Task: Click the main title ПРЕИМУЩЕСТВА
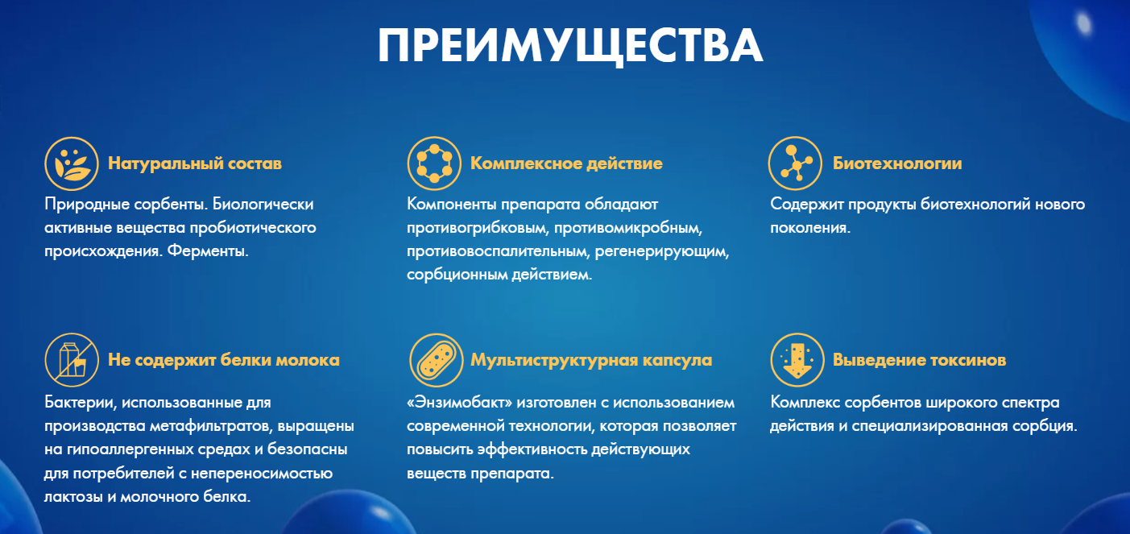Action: point(570,45)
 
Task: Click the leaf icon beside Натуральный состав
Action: point(71,164)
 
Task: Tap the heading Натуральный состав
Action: point(195,164)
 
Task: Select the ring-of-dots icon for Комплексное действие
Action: point(434,164)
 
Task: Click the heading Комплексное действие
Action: point(566,164)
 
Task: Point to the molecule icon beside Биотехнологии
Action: point(795,164)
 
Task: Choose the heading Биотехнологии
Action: point(897,164)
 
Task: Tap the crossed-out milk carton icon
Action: point(71,360)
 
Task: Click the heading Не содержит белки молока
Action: point(223,360)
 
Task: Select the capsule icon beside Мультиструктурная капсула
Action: point(437,360)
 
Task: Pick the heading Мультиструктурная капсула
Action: point(591,360)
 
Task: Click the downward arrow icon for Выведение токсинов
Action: point(797,360)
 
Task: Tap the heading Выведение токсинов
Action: point(919,360)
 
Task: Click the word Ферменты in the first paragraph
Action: point(207,250)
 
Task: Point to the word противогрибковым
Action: point(478,228)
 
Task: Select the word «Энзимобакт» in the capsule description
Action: point(460,403)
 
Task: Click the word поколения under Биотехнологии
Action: point(810,227)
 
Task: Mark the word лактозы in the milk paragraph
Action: point(73,497)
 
